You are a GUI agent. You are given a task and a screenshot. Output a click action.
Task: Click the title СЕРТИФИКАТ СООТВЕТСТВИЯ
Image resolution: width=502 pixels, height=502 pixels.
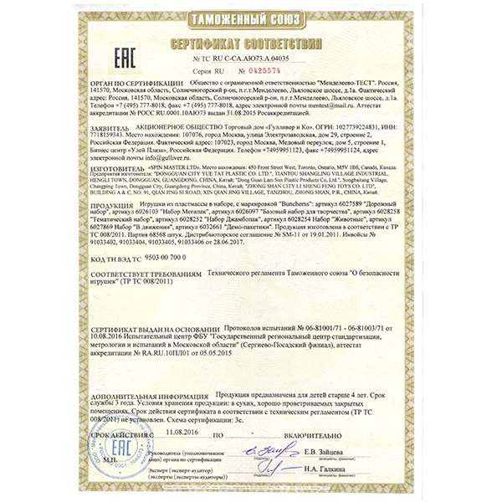pos(251,41)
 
